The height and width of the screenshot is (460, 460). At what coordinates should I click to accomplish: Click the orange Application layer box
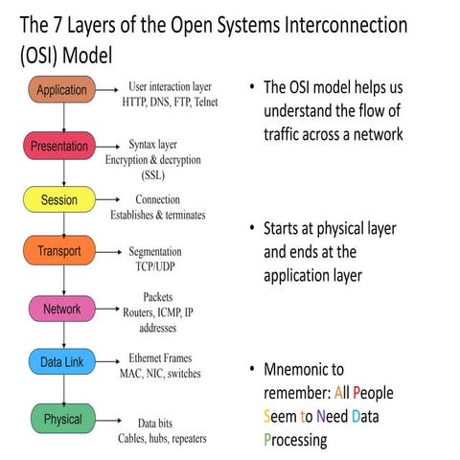[62, 92]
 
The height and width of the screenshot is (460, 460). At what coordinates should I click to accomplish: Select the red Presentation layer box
[62, 148]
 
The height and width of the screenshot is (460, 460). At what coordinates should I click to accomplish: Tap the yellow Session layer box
[62, 200]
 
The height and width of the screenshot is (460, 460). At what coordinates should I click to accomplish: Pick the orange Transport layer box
[62, 253]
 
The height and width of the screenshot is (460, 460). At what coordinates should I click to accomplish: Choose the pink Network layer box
[62, 310]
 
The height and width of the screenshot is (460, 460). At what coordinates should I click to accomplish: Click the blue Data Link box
[62, 364]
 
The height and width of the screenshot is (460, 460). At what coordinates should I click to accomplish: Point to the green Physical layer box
[62, 419]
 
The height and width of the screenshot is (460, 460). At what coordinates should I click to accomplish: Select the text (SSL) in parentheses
[157, 175]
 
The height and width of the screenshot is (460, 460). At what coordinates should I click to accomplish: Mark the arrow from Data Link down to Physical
[63, 391]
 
